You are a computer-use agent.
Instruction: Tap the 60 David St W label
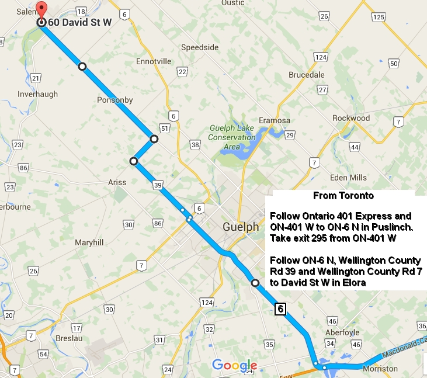click(x=79, y=23)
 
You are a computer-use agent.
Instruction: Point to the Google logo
click(x=234, y=365)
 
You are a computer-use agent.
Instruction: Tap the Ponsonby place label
click(x=115, y=100)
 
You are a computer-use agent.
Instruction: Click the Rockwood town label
click(x=351, y=117)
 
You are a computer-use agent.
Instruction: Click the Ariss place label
click(x=117, y=182)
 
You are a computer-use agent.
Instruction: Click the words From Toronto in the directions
click(x=343, y=196)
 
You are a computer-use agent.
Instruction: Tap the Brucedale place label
click(x=307, y=75)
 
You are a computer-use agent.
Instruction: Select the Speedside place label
click(x=200, y=47)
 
